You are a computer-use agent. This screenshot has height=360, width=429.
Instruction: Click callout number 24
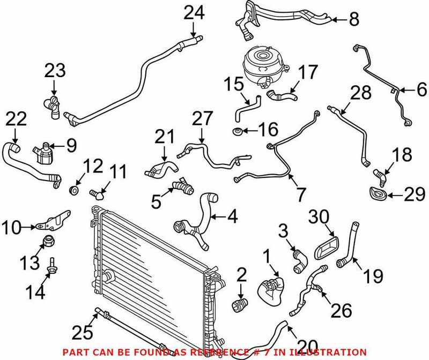coord(194,12)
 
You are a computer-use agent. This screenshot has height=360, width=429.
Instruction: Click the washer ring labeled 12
coord(75,190)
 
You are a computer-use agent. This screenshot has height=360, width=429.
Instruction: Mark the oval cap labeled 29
coord(377,194)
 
